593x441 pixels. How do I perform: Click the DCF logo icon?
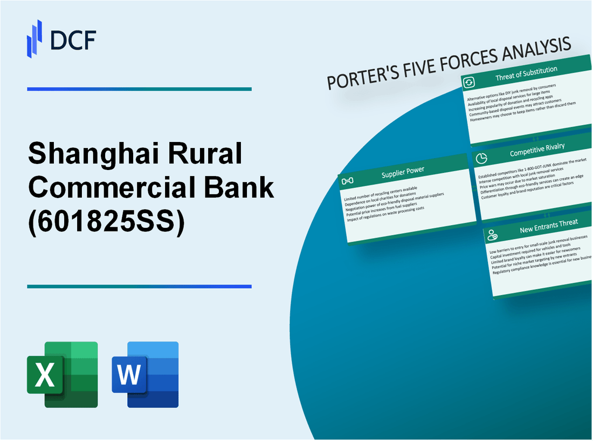point(35,38)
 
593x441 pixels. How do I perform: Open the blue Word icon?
point(145,374)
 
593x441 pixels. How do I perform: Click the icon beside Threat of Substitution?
point(469,82)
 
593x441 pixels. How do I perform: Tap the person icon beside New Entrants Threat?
point(492,235)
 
